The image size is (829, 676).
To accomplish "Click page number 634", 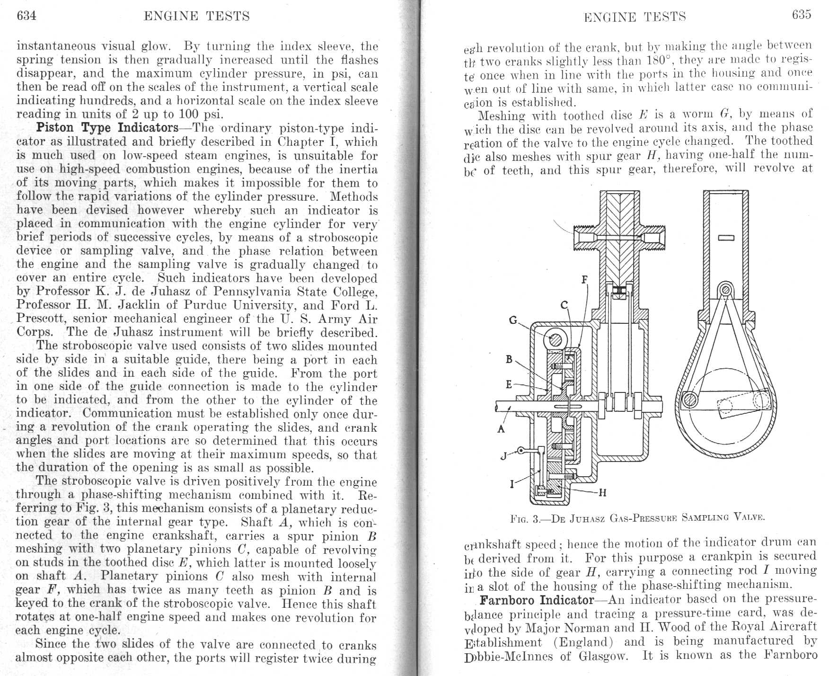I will tap(26, 16).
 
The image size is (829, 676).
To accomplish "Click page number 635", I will tap(802, 15).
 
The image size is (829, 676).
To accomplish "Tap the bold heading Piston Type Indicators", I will tap(107, 128).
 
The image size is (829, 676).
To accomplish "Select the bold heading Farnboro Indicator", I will tap(537, 600).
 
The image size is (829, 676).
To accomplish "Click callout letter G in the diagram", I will tap(513, 320).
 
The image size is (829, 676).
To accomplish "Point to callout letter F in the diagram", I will tap(584, 280).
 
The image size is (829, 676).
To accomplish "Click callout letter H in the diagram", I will tap(602, 493).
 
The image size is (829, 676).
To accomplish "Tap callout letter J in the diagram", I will tap(504, 456).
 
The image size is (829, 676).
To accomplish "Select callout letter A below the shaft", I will tap(501, 429).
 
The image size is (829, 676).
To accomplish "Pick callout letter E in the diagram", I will tap(509, 384).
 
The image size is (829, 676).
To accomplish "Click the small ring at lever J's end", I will tap(520, 451).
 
